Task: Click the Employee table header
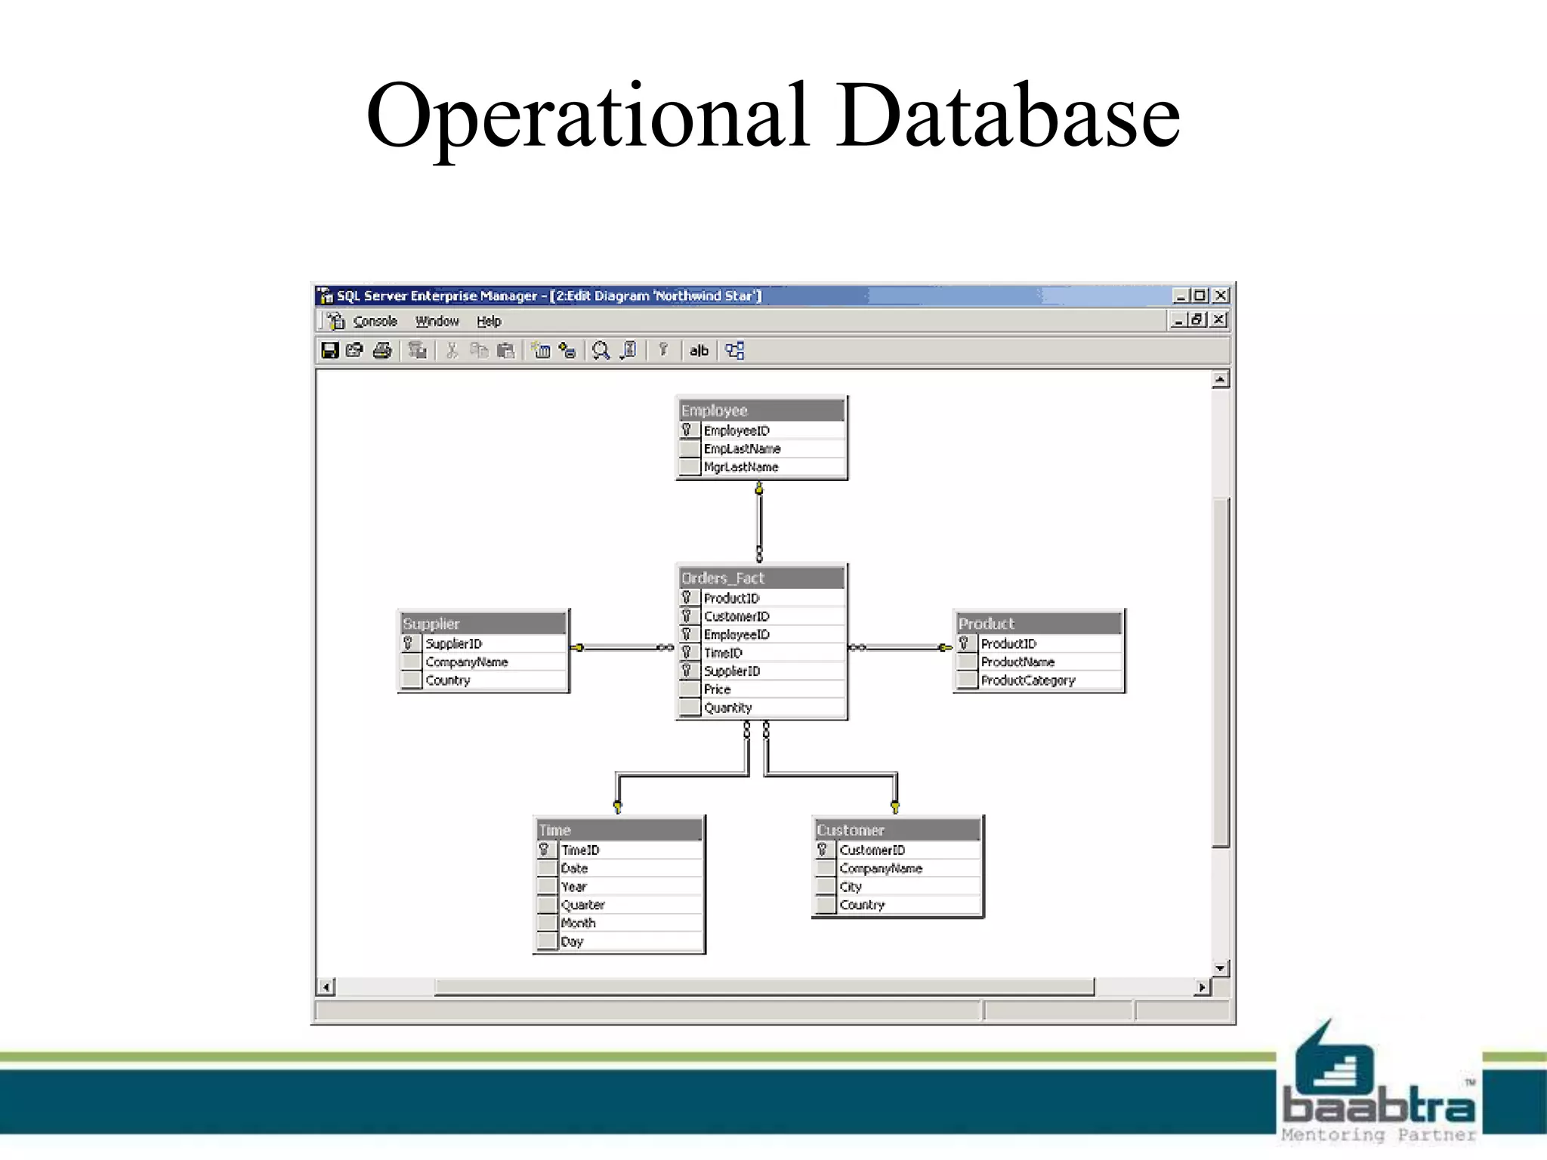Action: [761, 410]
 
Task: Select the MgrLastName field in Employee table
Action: [741, 467]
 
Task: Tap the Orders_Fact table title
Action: [761, 578]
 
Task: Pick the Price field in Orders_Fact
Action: [718, 690]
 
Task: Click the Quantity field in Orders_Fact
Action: [728, 708]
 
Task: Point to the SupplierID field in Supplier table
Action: [454, 643]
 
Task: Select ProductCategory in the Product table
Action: [1028, 680]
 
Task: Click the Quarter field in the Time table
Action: [583, 905]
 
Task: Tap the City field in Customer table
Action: [851, 887]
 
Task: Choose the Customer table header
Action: [897, 830]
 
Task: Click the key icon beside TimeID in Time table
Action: [544, 850]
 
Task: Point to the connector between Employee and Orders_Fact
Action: [759, 521]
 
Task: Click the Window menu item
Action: [437, 321]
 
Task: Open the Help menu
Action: [489, 321]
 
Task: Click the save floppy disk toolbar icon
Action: [329, 350]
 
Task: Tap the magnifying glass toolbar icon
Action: [601, 350]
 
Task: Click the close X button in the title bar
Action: [1221, 295]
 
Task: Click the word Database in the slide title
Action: [1008, 115]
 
